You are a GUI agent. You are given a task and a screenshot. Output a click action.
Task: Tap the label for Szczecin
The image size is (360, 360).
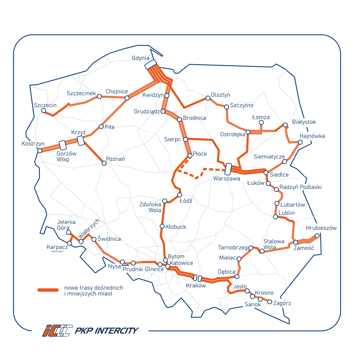tap(45, 105)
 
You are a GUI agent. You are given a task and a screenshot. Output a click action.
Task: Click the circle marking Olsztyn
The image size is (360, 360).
tap(208, 98)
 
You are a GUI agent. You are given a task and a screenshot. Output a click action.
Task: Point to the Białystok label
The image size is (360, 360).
tap(304, 122)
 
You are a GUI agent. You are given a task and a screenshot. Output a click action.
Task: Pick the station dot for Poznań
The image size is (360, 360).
tap(104, 163)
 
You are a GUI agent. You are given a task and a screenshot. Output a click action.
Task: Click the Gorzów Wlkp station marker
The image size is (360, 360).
tap(63, 145)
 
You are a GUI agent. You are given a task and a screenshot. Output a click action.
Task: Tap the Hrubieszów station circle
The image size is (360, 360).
tap(317, 236)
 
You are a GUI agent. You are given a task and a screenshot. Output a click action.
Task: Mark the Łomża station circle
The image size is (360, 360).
tap(261, 123)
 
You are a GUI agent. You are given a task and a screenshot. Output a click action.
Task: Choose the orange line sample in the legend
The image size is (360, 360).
tap(48, 290)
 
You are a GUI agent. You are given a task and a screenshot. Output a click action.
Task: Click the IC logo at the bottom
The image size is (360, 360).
tap(58, 330)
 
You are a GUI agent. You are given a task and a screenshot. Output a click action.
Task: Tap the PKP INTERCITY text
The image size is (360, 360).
tap(106, 330)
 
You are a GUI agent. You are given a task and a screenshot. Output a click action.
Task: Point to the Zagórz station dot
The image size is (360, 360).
tap(269, 302)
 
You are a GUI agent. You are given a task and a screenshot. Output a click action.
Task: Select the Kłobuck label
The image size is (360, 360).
tap(176, 227)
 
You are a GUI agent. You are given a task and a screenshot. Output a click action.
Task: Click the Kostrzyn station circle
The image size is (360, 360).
tap(40, 150)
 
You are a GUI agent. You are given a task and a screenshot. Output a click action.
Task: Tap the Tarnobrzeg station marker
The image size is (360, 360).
tap(251, 248)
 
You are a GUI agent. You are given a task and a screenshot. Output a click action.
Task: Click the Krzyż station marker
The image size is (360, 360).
tap(81, 140)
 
